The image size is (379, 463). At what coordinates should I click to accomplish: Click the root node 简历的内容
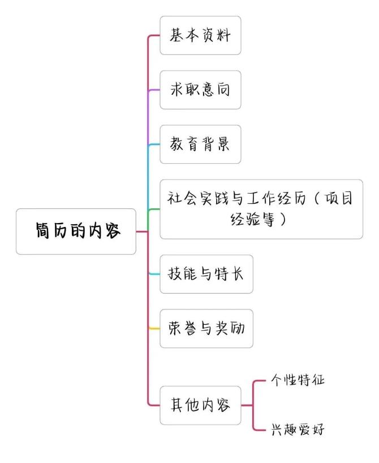pyautogui.click(x=76, y=231)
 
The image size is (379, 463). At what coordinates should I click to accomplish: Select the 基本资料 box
pyautogui.click(x=200, y=35)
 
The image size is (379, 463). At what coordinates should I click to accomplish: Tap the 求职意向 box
pyautogui.click(x=200, y=90)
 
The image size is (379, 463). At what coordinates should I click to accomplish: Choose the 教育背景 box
pyautogui.click(x=200, y=144)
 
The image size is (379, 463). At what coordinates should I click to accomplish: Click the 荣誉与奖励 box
pyautogui.click(x=206, y=329)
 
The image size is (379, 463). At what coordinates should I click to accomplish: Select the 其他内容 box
pyautogui.click(x=200, y=405)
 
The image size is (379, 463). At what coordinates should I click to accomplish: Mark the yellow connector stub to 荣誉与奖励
pyautogui.click(x=154, y=329)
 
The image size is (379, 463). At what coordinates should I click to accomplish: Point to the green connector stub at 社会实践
pyautogui.click(x=153, y=210)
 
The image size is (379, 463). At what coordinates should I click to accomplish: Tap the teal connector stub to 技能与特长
pyautogui.click(x=154, y=274)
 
